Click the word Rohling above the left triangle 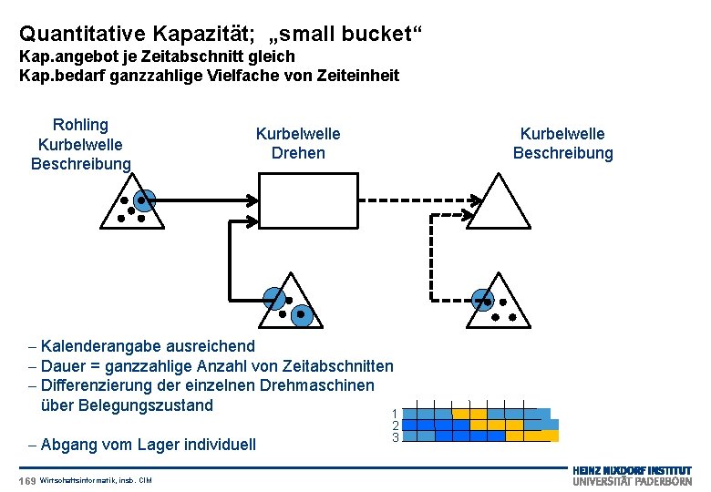point(80,125)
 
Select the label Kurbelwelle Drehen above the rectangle point(298,143)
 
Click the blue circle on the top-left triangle point(142,200)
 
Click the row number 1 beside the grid point(396,414)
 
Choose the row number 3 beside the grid point(396,437)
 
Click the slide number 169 point(27,480)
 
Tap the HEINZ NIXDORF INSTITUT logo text point(632,469)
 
